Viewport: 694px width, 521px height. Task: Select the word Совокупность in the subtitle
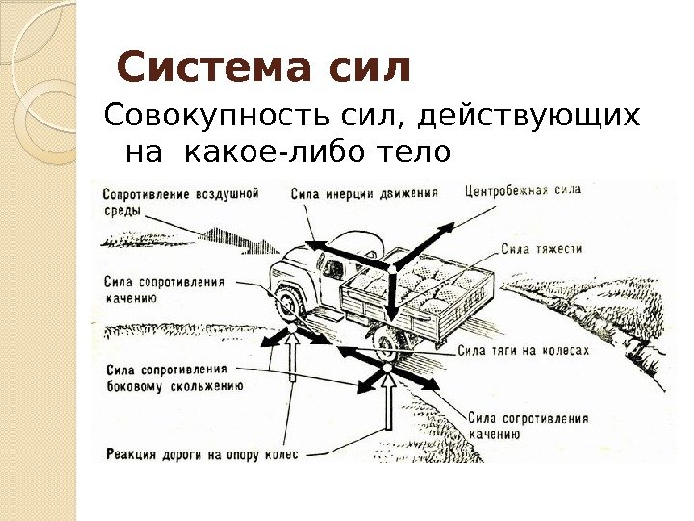tap(196, 118)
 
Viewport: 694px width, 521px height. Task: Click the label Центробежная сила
tap(522, 191)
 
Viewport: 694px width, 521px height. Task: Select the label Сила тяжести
tap(542, 249)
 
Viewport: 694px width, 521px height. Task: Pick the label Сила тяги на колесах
tap(523, 351)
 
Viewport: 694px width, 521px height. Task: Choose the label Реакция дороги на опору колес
tap(202, 453)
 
